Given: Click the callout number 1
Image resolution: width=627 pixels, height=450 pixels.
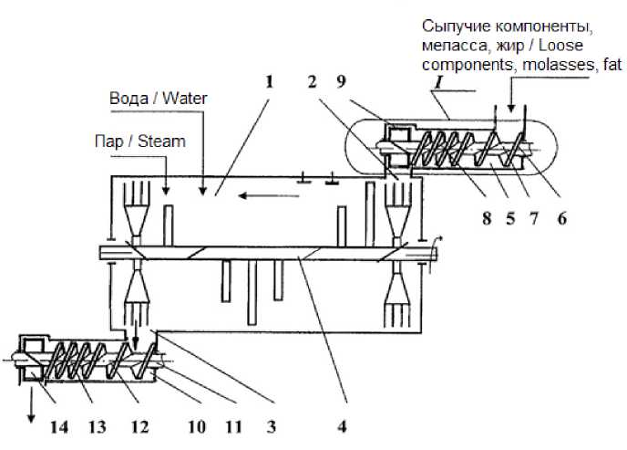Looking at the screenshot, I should pyautogui.click(x=270, y=81).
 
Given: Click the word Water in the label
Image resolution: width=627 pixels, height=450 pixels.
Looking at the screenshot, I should pyautogui.click(x=182, y=98).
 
